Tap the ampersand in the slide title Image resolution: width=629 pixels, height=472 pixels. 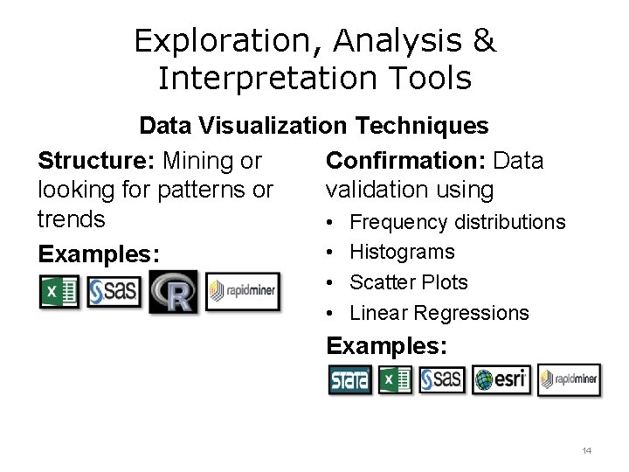[x=485, y=41]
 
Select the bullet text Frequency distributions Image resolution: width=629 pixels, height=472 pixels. [x=457, y=222]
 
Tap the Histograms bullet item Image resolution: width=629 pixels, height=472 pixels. [x=402, y=252]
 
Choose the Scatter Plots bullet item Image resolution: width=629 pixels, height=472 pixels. [x=408, y=282]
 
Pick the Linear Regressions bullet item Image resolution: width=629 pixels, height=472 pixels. [x=439, y=312]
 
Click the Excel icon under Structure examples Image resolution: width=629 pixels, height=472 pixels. [x=59, y=292]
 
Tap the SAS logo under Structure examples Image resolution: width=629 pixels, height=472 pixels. [x=114, y=292]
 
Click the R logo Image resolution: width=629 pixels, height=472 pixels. [x=173, y=292]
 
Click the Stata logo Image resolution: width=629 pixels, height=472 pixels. [x=349, y=380]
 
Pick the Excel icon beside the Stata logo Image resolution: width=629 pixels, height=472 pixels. [x=395, y=380]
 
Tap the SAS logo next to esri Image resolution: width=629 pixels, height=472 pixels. [x=442, y=380]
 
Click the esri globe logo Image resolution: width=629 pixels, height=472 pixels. [x=501, y=380]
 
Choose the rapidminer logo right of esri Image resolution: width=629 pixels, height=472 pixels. [x=569, y=380]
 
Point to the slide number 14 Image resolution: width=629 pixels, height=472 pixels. [x=586, y=451]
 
